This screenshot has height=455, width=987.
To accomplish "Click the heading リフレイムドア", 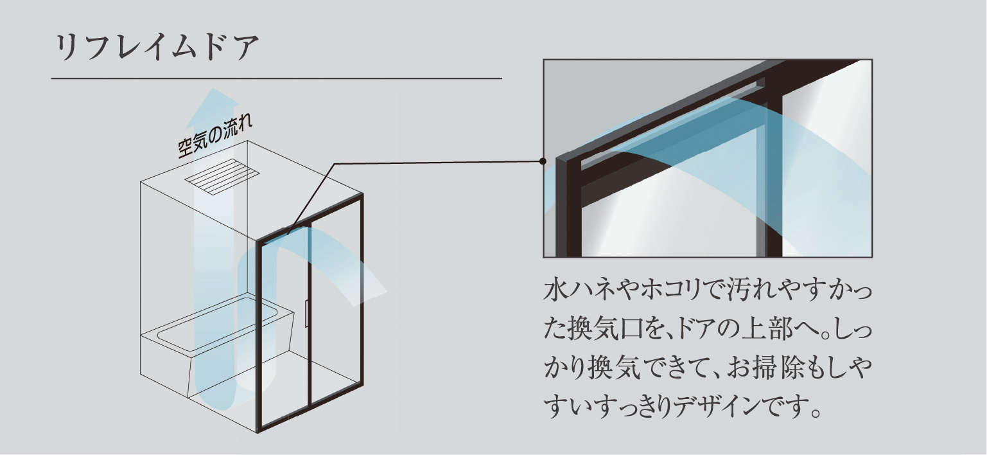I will [157, 48].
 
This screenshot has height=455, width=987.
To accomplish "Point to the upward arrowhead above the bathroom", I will [211, 106].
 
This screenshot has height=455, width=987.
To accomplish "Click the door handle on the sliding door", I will [307, 313].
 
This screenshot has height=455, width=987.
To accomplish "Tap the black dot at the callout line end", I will [543, 161].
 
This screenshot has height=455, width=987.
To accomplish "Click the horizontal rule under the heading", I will [276, 78].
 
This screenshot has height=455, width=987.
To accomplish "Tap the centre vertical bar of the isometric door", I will [311, 321].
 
